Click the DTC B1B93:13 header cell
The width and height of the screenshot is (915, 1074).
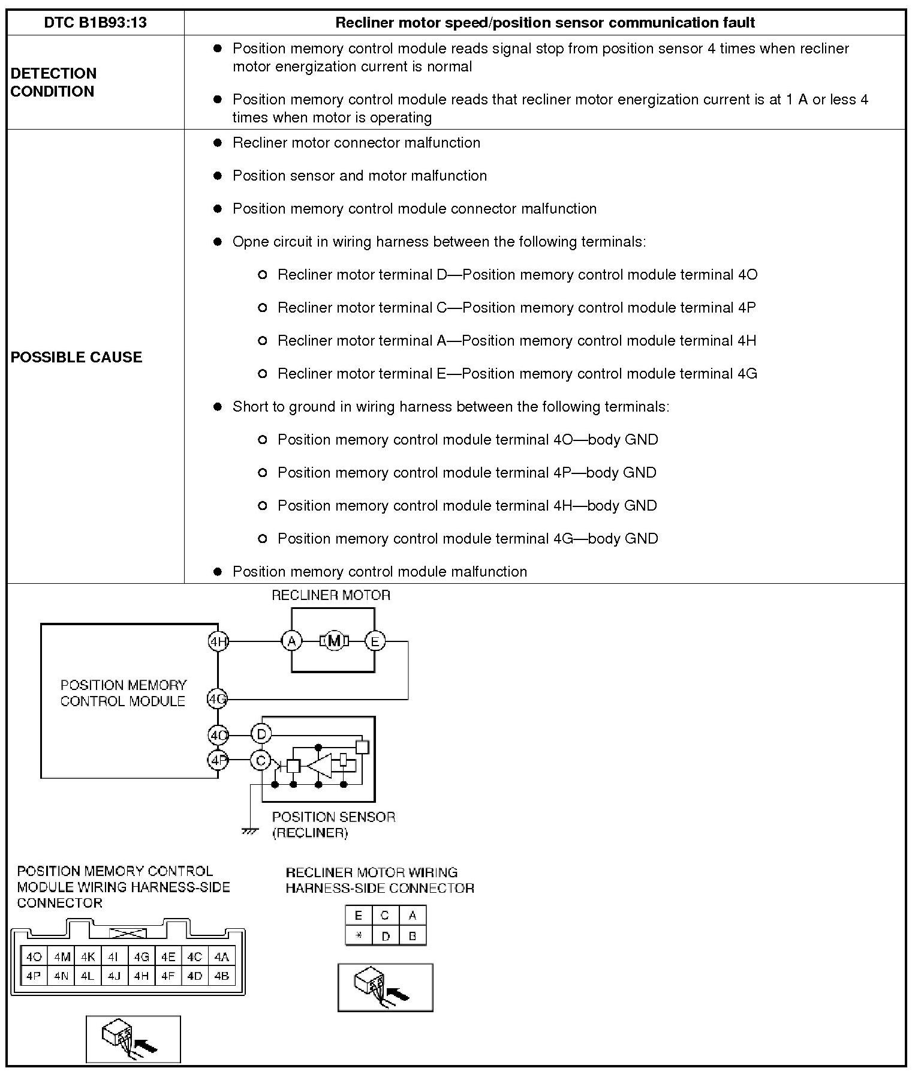pos(95,23)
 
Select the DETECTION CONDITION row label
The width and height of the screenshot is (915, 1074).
pos(53,82)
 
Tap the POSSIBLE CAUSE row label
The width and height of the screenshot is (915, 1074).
pos(76,357)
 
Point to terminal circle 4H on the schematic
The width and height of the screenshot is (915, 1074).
pos(218,641)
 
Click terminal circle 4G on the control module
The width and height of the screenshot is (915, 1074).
pos(217,699)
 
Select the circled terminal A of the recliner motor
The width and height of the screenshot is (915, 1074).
pos(291,641)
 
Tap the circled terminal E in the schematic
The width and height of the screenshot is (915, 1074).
pos(375,641)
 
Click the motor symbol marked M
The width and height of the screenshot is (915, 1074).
pos(334,641)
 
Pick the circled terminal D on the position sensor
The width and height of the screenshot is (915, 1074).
pos(261,734)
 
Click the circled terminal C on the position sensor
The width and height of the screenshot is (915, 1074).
pos(261,761)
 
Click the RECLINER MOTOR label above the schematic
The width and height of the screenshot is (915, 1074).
pos(331,595)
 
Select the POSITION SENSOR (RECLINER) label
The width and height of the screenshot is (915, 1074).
pos(333,824)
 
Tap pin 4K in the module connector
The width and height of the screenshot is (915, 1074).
pos(88,956)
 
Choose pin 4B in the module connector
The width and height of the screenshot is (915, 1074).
pos(221,976)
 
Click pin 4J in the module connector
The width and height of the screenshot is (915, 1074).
pos(114,976)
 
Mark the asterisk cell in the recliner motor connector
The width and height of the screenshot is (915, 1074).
pos(359,935)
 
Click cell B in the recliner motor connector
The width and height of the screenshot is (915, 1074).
pos(413,935)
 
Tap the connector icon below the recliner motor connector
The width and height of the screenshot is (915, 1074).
pos(385,987)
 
